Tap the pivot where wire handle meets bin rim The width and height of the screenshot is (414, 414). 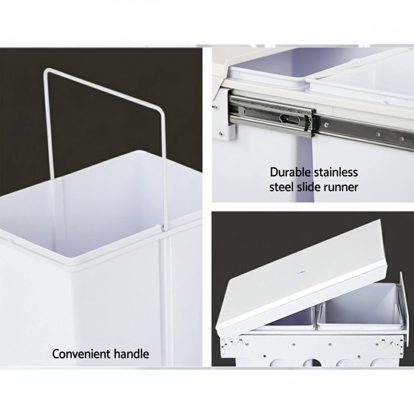tap(162, 227)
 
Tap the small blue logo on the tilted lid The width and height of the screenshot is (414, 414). tap(301, 272)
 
